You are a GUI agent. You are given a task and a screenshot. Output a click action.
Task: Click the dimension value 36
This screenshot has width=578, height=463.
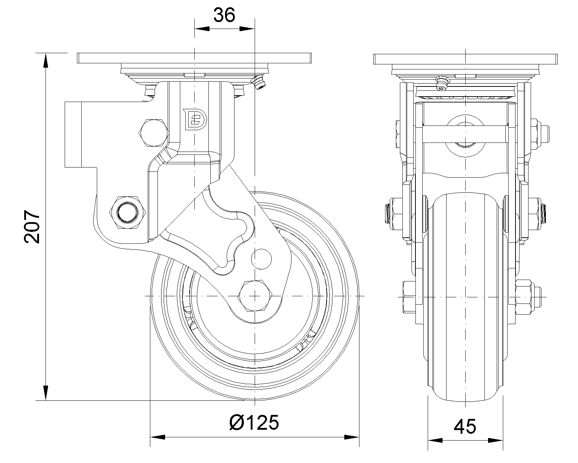224,15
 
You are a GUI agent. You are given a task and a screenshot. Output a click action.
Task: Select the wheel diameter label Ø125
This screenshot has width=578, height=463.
254,422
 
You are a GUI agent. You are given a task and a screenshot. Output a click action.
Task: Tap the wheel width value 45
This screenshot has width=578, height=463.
465,426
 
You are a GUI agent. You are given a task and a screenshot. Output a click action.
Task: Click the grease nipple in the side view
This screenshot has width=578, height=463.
259,82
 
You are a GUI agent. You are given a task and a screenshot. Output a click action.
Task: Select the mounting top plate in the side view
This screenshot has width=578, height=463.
194,58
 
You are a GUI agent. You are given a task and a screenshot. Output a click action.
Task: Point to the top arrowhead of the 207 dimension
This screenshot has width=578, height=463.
46,60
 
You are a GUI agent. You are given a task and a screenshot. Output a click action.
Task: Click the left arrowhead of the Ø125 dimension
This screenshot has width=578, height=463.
158,437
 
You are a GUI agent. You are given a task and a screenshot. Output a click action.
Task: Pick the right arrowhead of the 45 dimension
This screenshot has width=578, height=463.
496,441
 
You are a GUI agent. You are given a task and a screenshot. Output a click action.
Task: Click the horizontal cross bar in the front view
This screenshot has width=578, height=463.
465,135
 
